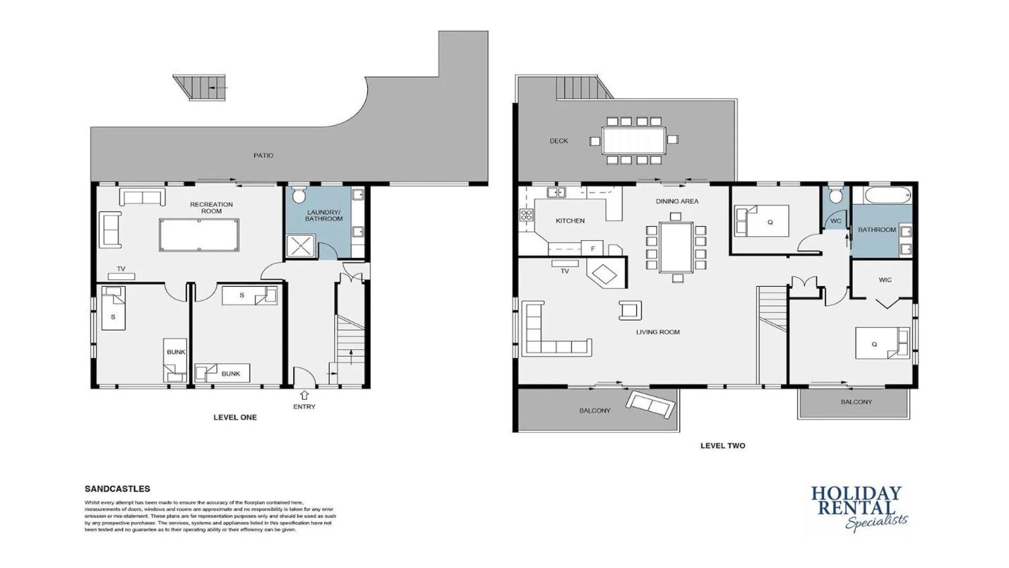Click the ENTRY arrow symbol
point(304,395)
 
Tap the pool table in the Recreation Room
point(199,235)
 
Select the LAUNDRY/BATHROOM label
point(324,216)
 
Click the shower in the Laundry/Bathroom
point(301,246)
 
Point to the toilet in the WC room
point(835,196)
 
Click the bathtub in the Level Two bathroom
point(887,196)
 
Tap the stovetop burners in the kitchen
point(526,215)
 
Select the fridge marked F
point(592,248)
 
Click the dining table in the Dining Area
point(676,247)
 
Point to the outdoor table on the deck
point(634,140)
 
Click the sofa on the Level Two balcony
point(650,405)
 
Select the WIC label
point(885,280)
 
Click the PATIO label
point(263,156)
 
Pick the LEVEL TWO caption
point(722,445)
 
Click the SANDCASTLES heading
point(117,489)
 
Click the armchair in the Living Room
point(630,310)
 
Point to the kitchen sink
point(556,192)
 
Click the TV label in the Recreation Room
point(121,269)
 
